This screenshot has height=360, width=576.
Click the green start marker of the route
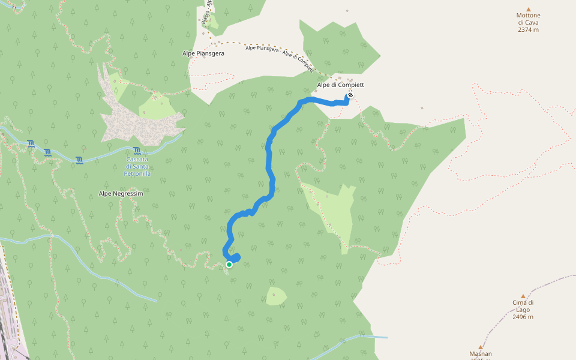point(229,265)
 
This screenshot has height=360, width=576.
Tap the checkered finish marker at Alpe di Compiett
point(350,95)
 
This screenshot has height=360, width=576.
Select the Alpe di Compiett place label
point(340,85)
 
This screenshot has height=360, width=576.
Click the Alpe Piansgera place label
point(203,53)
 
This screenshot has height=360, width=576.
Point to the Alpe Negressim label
point(121,193)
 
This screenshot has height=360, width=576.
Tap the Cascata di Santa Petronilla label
point(138,166)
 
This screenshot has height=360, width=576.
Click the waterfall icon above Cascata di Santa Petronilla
point(137,151)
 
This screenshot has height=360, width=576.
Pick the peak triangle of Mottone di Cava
point(529,9)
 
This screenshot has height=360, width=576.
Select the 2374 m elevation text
point(528,29)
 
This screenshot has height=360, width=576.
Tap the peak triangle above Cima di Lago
point(523,296)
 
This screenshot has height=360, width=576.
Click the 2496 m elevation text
point(523,317)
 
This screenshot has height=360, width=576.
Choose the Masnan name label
point(481,354)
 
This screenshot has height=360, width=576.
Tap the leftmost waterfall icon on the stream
point(31,143)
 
